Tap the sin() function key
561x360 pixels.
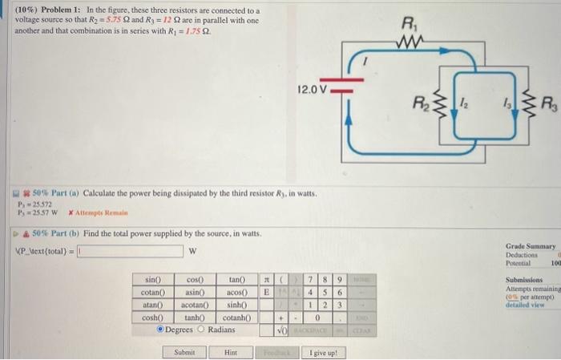pos(152,279)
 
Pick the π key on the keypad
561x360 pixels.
pos(267,280)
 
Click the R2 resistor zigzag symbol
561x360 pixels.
pos(437,103)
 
